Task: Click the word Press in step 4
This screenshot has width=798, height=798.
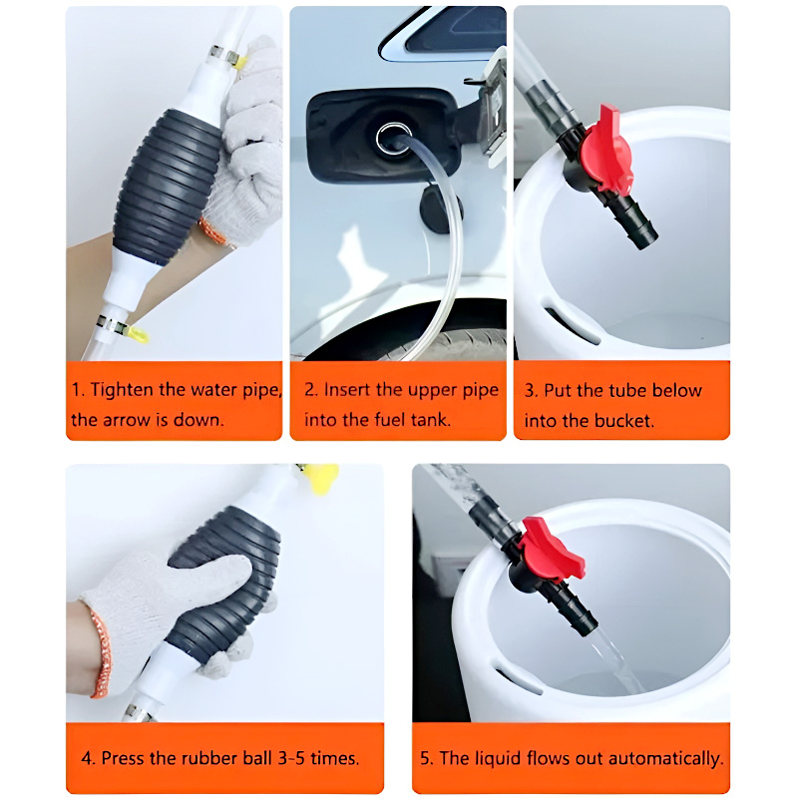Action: click(x=123, y=758)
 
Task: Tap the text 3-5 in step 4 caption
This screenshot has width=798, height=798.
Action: click(x=291, y=758)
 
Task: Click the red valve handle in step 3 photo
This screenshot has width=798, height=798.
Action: click(x=608, y=151)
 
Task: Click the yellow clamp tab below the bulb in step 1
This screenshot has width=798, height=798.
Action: click(x=138, y=334)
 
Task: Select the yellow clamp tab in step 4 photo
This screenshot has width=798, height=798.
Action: click(x=321, y=478)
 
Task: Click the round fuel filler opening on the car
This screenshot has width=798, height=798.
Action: click(x=393, y=139)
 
